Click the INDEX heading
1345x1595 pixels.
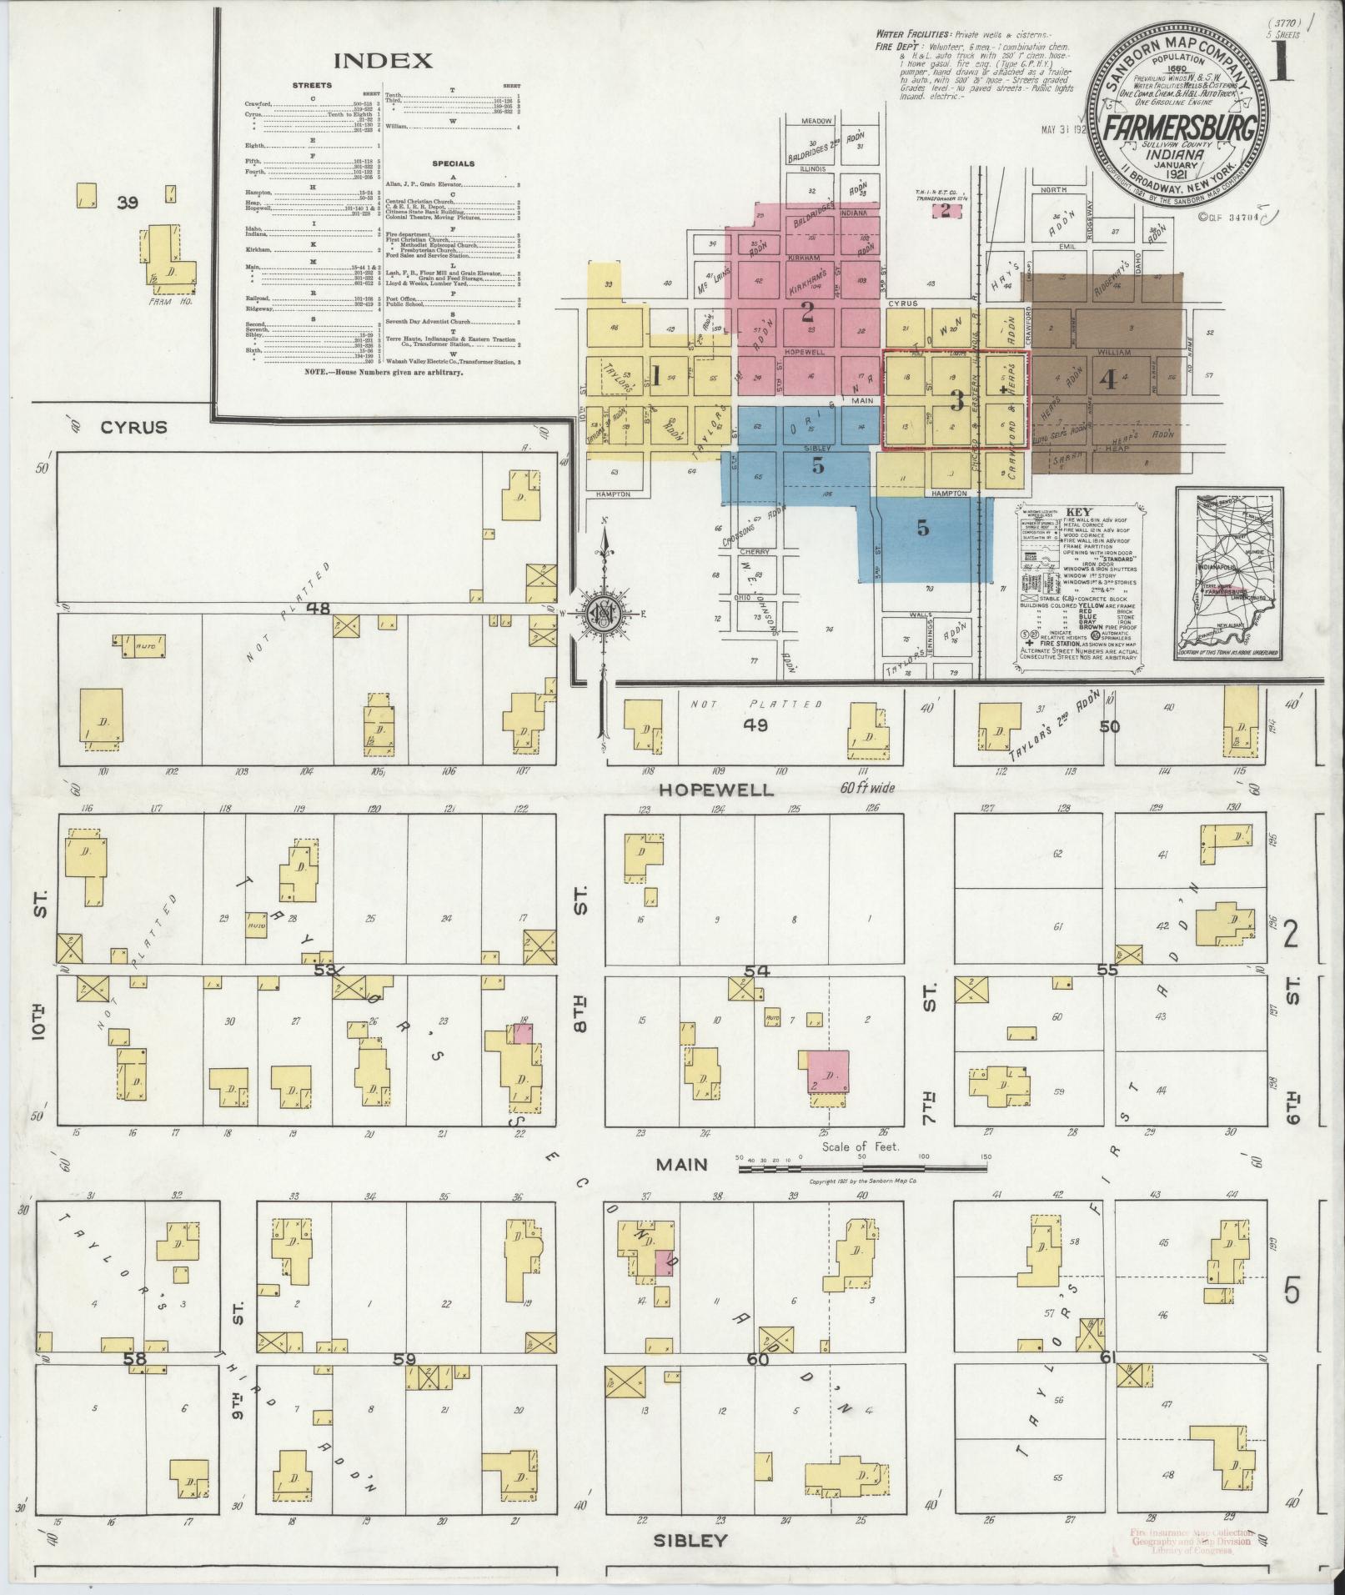coord(383,61)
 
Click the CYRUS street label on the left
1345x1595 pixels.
coord(134,427)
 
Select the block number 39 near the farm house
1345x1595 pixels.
coord(127,202)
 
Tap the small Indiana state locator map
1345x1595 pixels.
coord(1229,573)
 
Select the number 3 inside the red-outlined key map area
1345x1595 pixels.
coord(956,401)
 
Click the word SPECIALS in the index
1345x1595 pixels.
coord(453,163)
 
